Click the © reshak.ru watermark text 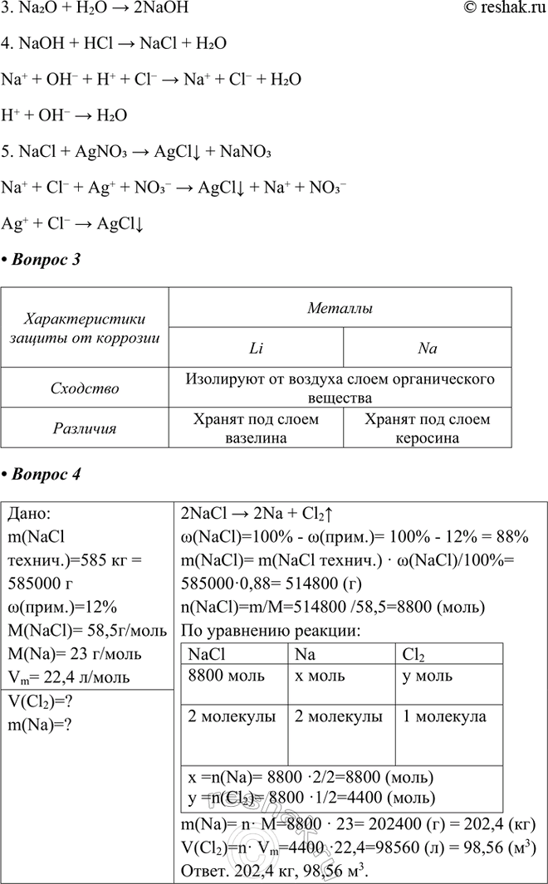(x=502, y=10)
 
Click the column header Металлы (x=340, y=308)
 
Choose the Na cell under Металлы (x=427, y=349)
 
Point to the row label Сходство (x=85, y=388)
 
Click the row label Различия (x=85, y=429)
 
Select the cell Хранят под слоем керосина (x=427, y=429)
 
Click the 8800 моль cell (x=219, y=675)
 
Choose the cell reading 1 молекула (x=443, y=716)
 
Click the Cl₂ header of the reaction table (x=412, y=654)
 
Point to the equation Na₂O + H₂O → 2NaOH (x=95, y=10)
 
